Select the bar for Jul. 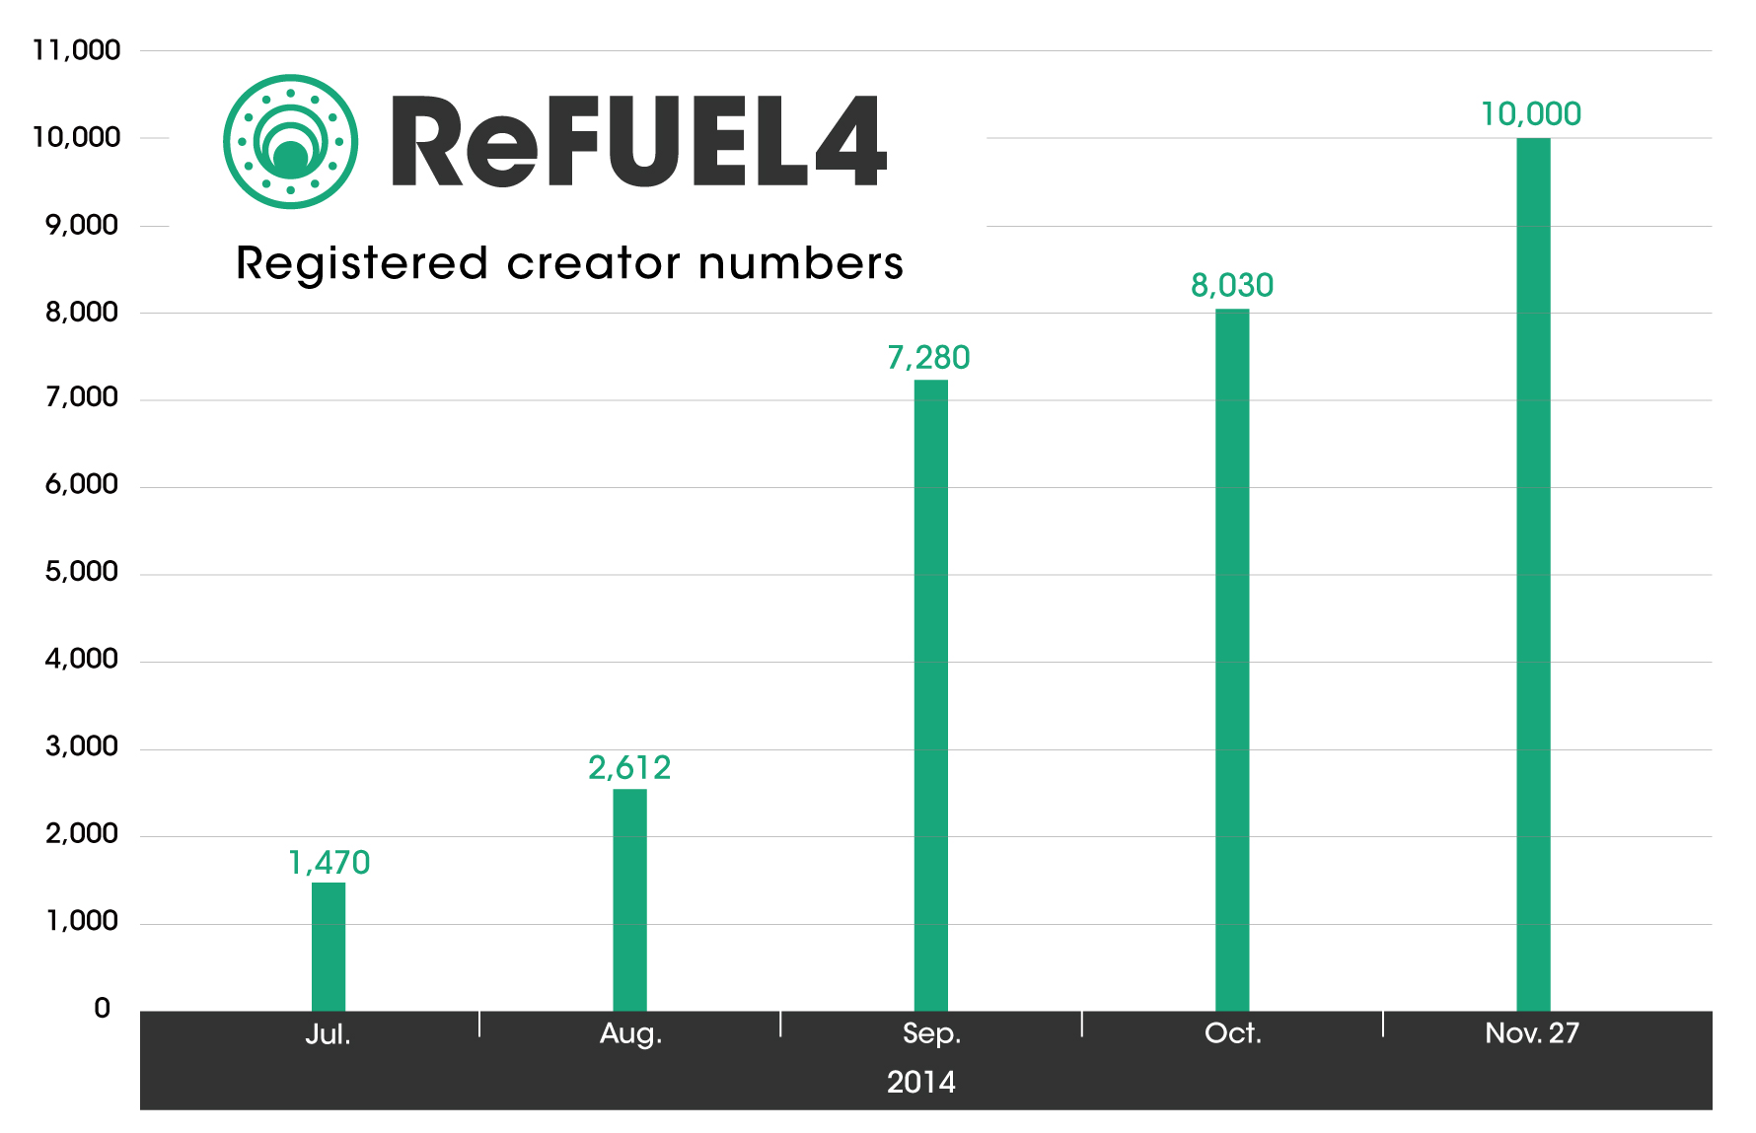(x=329, y=947)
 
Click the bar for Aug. (x=629, y=899)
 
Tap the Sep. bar (x=930, y=695)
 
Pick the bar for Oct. (x=1231, y=660)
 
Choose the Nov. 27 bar (x=1532, y=574)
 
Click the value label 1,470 (x=329, y=863)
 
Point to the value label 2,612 (x=629, y=767)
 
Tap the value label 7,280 (x=928, y=357)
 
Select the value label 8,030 (x=1231, y=285)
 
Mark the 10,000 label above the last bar (x=1530, y=114)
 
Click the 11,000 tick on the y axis (x=76, y=50)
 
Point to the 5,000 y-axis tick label (x=81, y=572)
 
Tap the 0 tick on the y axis (x=102, y=1009)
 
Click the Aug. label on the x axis (x=630, y=1033)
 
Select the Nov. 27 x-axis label (x=1531, y=1033)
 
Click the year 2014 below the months (x=920, y=1083)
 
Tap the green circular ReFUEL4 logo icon (x=290, y=141)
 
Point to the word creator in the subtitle (x=593, y=263)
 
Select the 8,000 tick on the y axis (x=81, y=313)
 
